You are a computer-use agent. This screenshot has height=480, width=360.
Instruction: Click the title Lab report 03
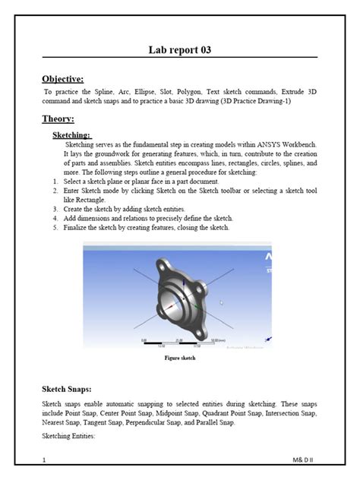[179, 50]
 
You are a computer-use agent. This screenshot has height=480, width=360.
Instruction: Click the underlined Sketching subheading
[71, 134]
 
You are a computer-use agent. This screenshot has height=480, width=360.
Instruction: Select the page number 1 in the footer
[45, 459]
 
